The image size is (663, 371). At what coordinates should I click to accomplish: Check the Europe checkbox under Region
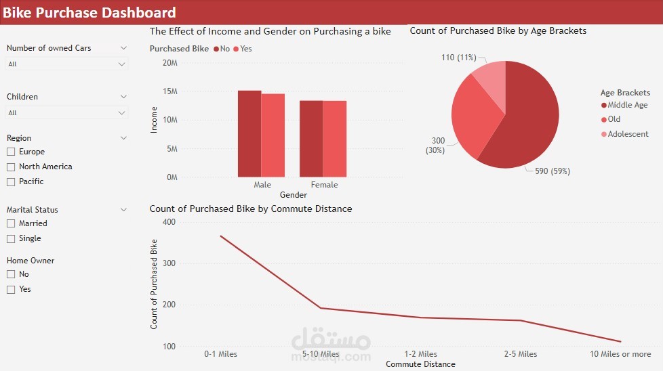pos(11,152)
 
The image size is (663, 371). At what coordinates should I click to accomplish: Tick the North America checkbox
pos(11,167)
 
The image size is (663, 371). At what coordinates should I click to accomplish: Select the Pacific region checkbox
pos(11,181)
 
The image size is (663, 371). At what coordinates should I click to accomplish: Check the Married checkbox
pos(11,223)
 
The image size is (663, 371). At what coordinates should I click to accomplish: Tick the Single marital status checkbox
pos(11,238)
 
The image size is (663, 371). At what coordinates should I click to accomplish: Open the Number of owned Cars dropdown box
pos(66,64)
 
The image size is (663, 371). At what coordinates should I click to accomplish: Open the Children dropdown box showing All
pos(66,113)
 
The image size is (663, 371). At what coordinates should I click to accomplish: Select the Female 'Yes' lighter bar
pos(334,139)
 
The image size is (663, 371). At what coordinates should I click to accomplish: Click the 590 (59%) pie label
pos(552,171)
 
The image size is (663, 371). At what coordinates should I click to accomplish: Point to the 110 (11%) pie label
pos(458,58)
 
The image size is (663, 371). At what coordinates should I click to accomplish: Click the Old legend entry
pos(614,119)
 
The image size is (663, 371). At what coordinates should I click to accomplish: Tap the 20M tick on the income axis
pos(169,63)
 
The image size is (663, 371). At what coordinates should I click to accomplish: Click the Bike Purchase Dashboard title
pos(89,12)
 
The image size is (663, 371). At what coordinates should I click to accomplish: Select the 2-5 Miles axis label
pos(520,354)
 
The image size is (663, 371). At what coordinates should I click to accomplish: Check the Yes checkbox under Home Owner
pos(11,289)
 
